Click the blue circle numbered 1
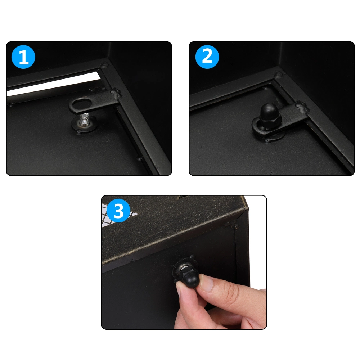23,57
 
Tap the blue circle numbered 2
207,57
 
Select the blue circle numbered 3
119,211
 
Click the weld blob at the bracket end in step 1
116,94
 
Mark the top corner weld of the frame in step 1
105,66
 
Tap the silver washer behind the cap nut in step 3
184,267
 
